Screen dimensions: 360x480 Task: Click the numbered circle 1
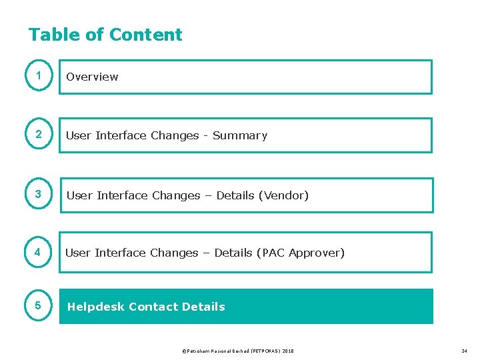tap(39, 77)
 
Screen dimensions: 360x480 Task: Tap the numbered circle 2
tap(39, 135)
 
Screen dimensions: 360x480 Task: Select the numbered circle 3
tap(39, 195)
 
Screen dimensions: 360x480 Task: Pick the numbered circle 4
tap(39, 253)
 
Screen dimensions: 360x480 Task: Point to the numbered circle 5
tap(39, 307)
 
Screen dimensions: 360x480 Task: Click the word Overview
tap(92, 77)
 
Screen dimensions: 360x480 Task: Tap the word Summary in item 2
tap(240, 135)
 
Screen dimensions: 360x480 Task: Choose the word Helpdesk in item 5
tap(95, 307)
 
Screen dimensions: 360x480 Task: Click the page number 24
tap(464, 351)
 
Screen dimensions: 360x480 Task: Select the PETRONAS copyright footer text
tap(237, 351)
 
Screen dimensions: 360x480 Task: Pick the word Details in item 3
tap(235, 195)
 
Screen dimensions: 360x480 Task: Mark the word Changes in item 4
tap(174, 253)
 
